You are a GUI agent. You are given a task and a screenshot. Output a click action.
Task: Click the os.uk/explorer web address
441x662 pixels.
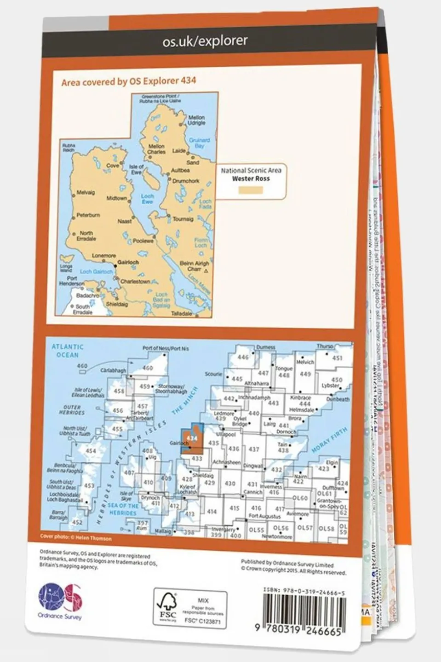pos(205,41)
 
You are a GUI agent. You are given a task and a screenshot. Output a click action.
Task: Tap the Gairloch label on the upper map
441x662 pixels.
pos(128,262)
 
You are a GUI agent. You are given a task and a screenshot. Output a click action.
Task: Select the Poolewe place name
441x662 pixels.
pos(143,241)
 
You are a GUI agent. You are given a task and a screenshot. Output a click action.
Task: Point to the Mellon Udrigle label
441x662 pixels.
pos(196,120)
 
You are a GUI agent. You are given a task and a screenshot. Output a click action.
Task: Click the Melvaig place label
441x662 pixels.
pos(86,192)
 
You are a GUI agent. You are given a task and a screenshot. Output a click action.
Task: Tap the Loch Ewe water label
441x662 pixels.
pos(147,199)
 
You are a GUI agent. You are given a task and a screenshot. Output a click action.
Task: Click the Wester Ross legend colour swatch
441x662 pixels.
pos(251,190)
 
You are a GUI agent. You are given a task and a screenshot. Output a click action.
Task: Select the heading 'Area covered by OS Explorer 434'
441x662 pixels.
pos(129,81)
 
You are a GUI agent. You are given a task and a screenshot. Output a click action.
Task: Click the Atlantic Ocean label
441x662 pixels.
pos(68,351)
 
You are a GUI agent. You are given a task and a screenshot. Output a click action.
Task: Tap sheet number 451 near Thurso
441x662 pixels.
pos(337,358)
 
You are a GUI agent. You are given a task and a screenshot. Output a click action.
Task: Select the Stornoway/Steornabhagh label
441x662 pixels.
pos(171,389)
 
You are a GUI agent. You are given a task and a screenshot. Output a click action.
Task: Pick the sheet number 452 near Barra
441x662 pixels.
pos(77,522)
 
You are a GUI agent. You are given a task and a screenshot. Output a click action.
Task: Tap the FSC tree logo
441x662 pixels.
pos(167,606)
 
